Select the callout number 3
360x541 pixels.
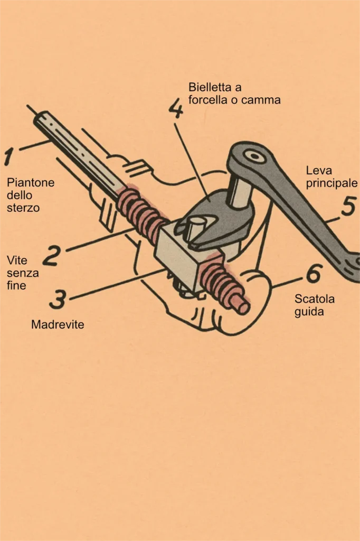point(58,299)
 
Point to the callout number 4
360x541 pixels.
point(176,109)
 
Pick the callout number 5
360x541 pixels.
point(348,207)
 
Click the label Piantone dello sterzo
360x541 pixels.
point(31,194)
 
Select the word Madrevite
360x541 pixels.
point(58,324)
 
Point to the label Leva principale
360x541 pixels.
point(331,177)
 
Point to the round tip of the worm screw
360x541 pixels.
point(243,307)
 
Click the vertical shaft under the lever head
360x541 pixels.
point(239,192)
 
